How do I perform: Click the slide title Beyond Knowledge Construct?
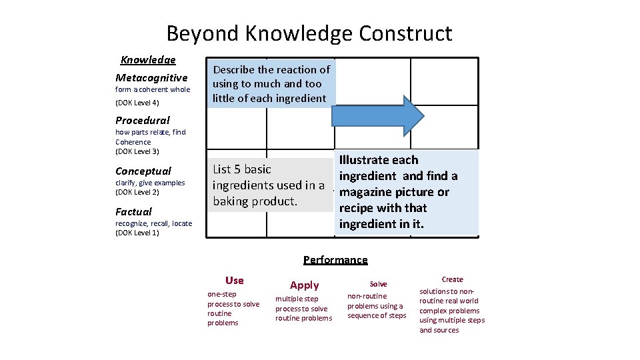[309, 33]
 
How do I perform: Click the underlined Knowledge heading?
[148, 60]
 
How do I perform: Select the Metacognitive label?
[151, 78]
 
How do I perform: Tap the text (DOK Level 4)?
[137, 103]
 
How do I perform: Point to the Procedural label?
[142, 121]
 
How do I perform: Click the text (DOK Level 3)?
[137, 151]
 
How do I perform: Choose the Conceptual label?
[143, 171]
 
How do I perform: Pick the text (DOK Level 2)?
[137, 192]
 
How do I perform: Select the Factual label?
[133, 212]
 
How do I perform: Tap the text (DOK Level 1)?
[137, 233]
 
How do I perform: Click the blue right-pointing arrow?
[377, 115]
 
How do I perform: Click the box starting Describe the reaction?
[271, 84]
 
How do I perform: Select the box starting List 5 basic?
[268, 185]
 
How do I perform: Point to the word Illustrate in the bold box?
[365, 160]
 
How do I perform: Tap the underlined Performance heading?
[335, 260]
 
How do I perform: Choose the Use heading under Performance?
[235, 281]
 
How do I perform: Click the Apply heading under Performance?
[305, 285]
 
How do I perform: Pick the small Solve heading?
[378, 284]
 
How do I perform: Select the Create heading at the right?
[452, 279]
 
